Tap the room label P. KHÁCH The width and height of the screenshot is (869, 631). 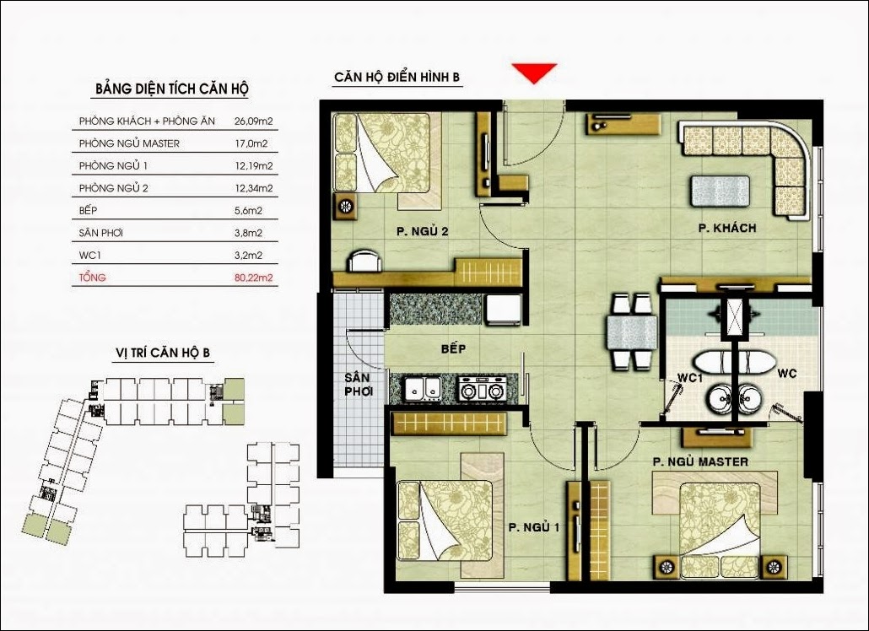[x=727, y=228]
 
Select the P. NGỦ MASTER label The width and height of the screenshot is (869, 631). [x=700, y=461]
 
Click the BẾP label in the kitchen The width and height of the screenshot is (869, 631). [x=453, y=348]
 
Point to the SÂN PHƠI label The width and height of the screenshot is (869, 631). [x=358, y=385]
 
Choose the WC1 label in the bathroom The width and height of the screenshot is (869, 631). [x=690, y=378]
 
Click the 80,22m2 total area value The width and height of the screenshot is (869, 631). [x=254, y=278]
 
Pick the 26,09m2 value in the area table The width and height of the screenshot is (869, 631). [x=254, y=121]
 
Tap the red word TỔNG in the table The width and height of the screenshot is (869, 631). [x=92, y=277]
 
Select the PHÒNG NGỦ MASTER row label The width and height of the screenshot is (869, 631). [x=129, y=143]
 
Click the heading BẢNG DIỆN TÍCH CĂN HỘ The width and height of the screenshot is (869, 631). [x=172, y=89]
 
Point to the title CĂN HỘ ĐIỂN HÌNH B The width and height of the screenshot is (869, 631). [x=397, y=77]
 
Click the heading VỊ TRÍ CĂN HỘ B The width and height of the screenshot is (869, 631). [x=163, y=353]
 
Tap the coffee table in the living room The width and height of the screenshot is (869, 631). [x=720, y=191]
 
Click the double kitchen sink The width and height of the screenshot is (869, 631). [x=423, y=388]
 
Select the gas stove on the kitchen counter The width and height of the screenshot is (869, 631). [x=482, y=388]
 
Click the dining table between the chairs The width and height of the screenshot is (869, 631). [x=632, y=332]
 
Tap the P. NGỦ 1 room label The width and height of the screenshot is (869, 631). [x=534, y=527]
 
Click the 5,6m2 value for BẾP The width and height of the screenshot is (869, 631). [x=248, y=211]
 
